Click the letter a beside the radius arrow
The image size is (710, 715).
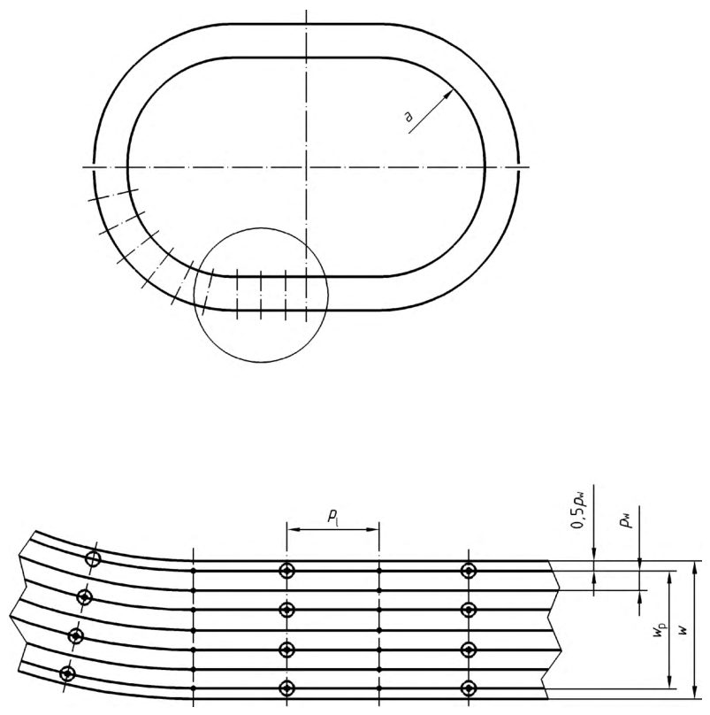(408, 117)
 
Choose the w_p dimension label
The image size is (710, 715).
(660, 630)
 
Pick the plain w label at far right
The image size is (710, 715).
(683, 630)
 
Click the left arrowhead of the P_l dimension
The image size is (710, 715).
(293, 529)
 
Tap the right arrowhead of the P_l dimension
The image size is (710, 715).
(373, 529)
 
